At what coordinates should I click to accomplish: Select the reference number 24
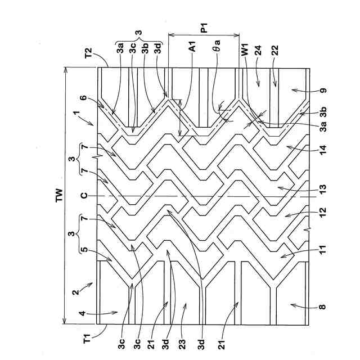pos(258,50)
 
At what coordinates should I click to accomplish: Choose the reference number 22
pos(274,50)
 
